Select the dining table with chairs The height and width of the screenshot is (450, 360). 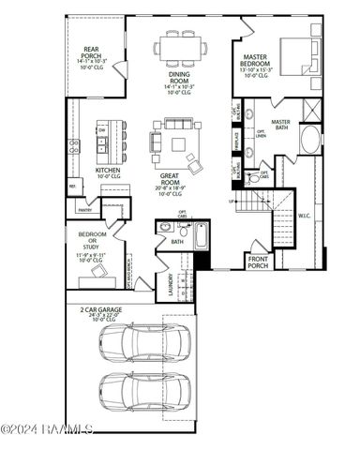pyautogui.click(x=181, y=46)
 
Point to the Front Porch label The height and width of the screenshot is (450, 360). pyautogui.click(x=258, y=262)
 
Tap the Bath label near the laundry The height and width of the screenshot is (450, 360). pyautogui.click(x=176, y=241)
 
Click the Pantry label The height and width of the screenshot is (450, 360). pyautogui.click(x=84, y=210)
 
